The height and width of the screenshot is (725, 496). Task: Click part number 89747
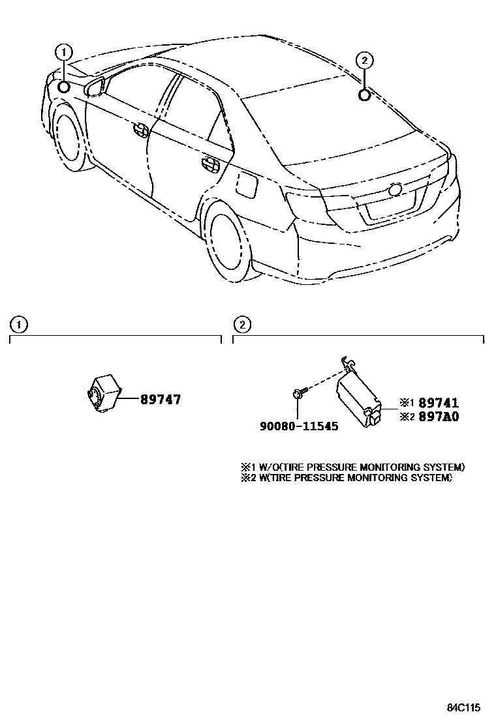click(x=160, y=400)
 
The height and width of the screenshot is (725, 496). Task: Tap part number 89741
click(x=439, y=404)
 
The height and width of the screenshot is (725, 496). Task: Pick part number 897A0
click(x=439, y=417)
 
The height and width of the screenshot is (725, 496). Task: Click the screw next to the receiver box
click(x=298, y=392)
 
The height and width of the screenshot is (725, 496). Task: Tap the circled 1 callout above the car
click(x=63, y=52)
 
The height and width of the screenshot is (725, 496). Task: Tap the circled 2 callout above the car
click(x=365, y=61)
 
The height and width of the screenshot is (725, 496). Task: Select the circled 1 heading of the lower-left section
click(x=20, y=324)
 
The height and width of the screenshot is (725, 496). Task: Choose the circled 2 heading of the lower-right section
click(x=242, y=324)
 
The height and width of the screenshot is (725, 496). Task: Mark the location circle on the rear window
click(x=365, y=96)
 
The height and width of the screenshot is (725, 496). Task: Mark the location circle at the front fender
click(x=64, y=87)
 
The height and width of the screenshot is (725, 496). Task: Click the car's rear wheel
click(x=228, y=238)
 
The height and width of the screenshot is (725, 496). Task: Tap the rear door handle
click(x=209, y=164)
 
